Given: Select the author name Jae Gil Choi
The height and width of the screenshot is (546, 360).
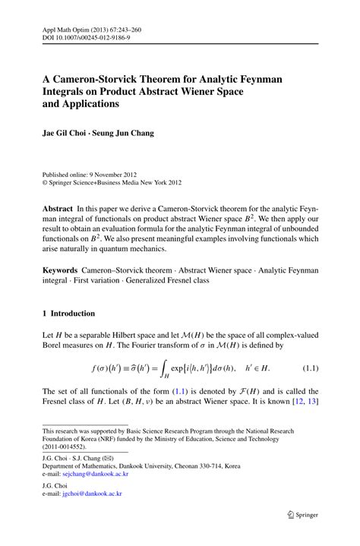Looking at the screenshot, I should (65, 133).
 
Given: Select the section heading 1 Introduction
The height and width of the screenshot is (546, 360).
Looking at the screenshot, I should (69, 313).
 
